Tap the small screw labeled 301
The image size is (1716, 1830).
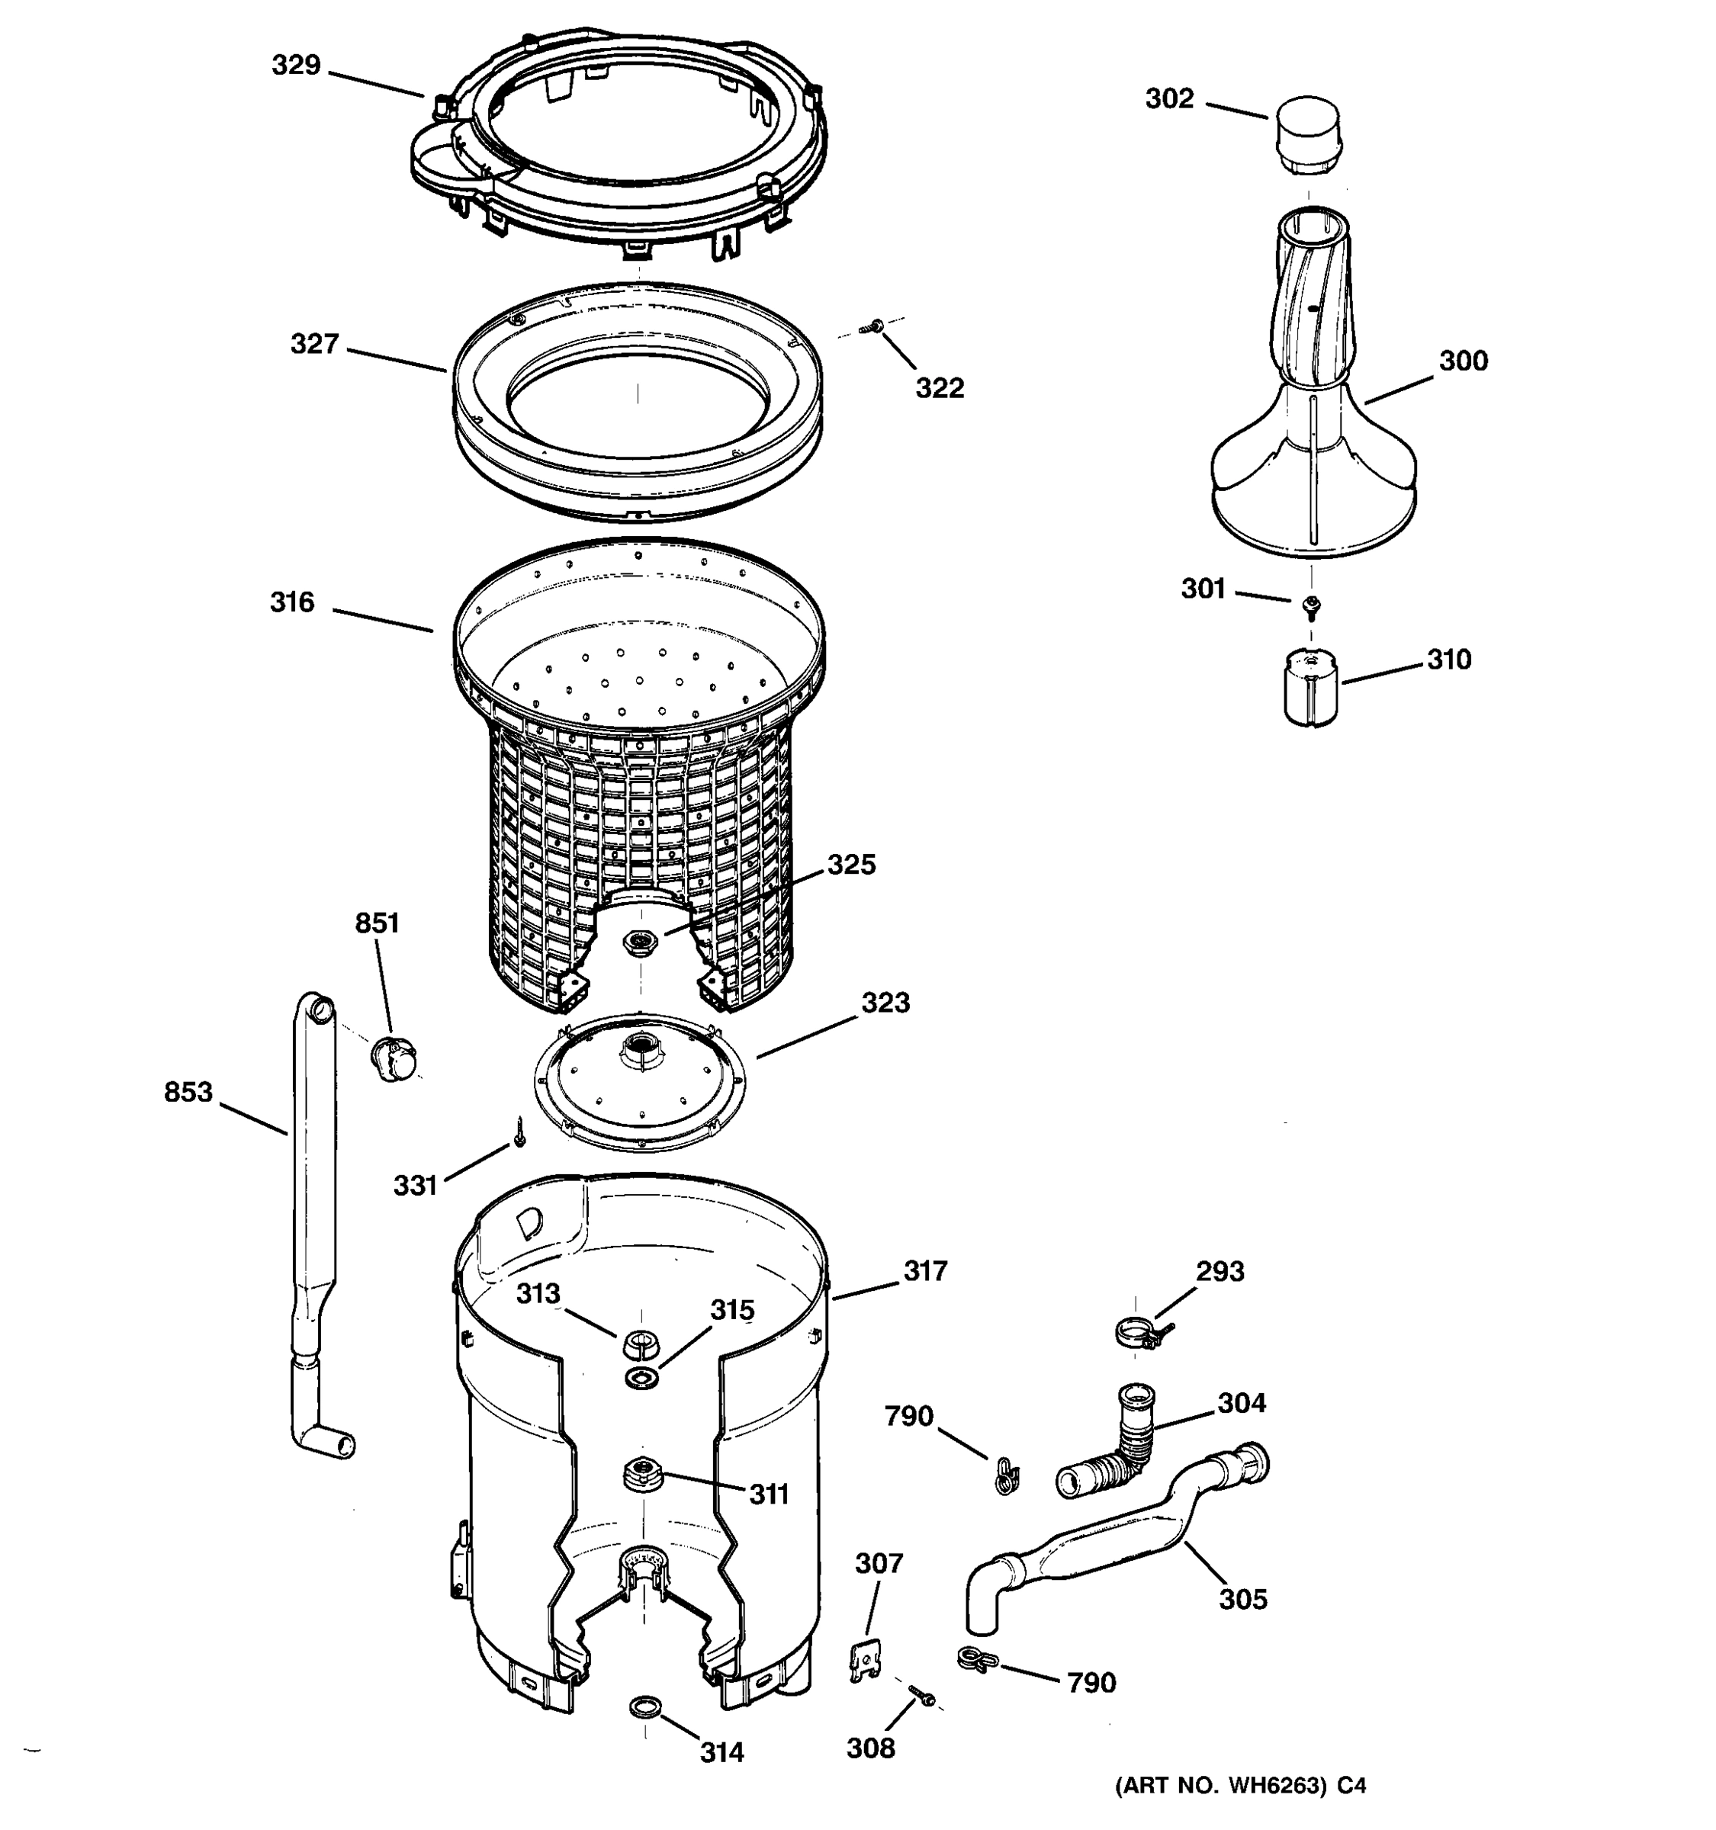1311,605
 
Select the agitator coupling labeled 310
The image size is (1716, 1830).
1311,689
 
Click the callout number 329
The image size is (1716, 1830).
295,66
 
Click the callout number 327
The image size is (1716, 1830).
315,345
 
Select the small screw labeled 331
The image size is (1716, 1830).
520,1133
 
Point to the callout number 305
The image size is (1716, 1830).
1243,1599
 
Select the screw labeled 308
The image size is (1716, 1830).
921,1695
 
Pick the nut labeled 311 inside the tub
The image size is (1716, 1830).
641,1474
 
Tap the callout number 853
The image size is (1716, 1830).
188,1093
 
